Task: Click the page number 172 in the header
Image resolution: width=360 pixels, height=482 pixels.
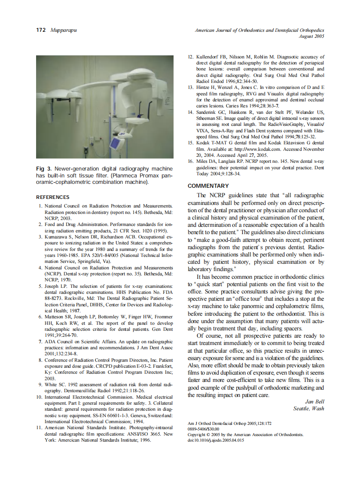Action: tap(40, 31)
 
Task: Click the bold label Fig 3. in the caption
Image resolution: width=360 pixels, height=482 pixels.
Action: tap(43, 168)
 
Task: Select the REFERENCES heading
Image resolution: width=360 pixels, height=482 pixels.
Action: tap(52, 197)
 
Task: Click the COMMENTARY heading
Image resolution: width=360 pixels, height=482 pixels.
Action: tap(208, 186)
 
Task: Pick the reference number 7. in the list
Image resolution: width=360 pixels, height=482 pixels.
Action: tap(40, 341)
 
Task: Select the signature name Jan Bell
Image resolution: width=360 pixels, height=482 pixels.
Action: tap(314, 402)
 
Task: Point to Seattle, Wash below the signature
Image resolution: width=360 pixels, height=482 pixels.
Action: tap(308, 409)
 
